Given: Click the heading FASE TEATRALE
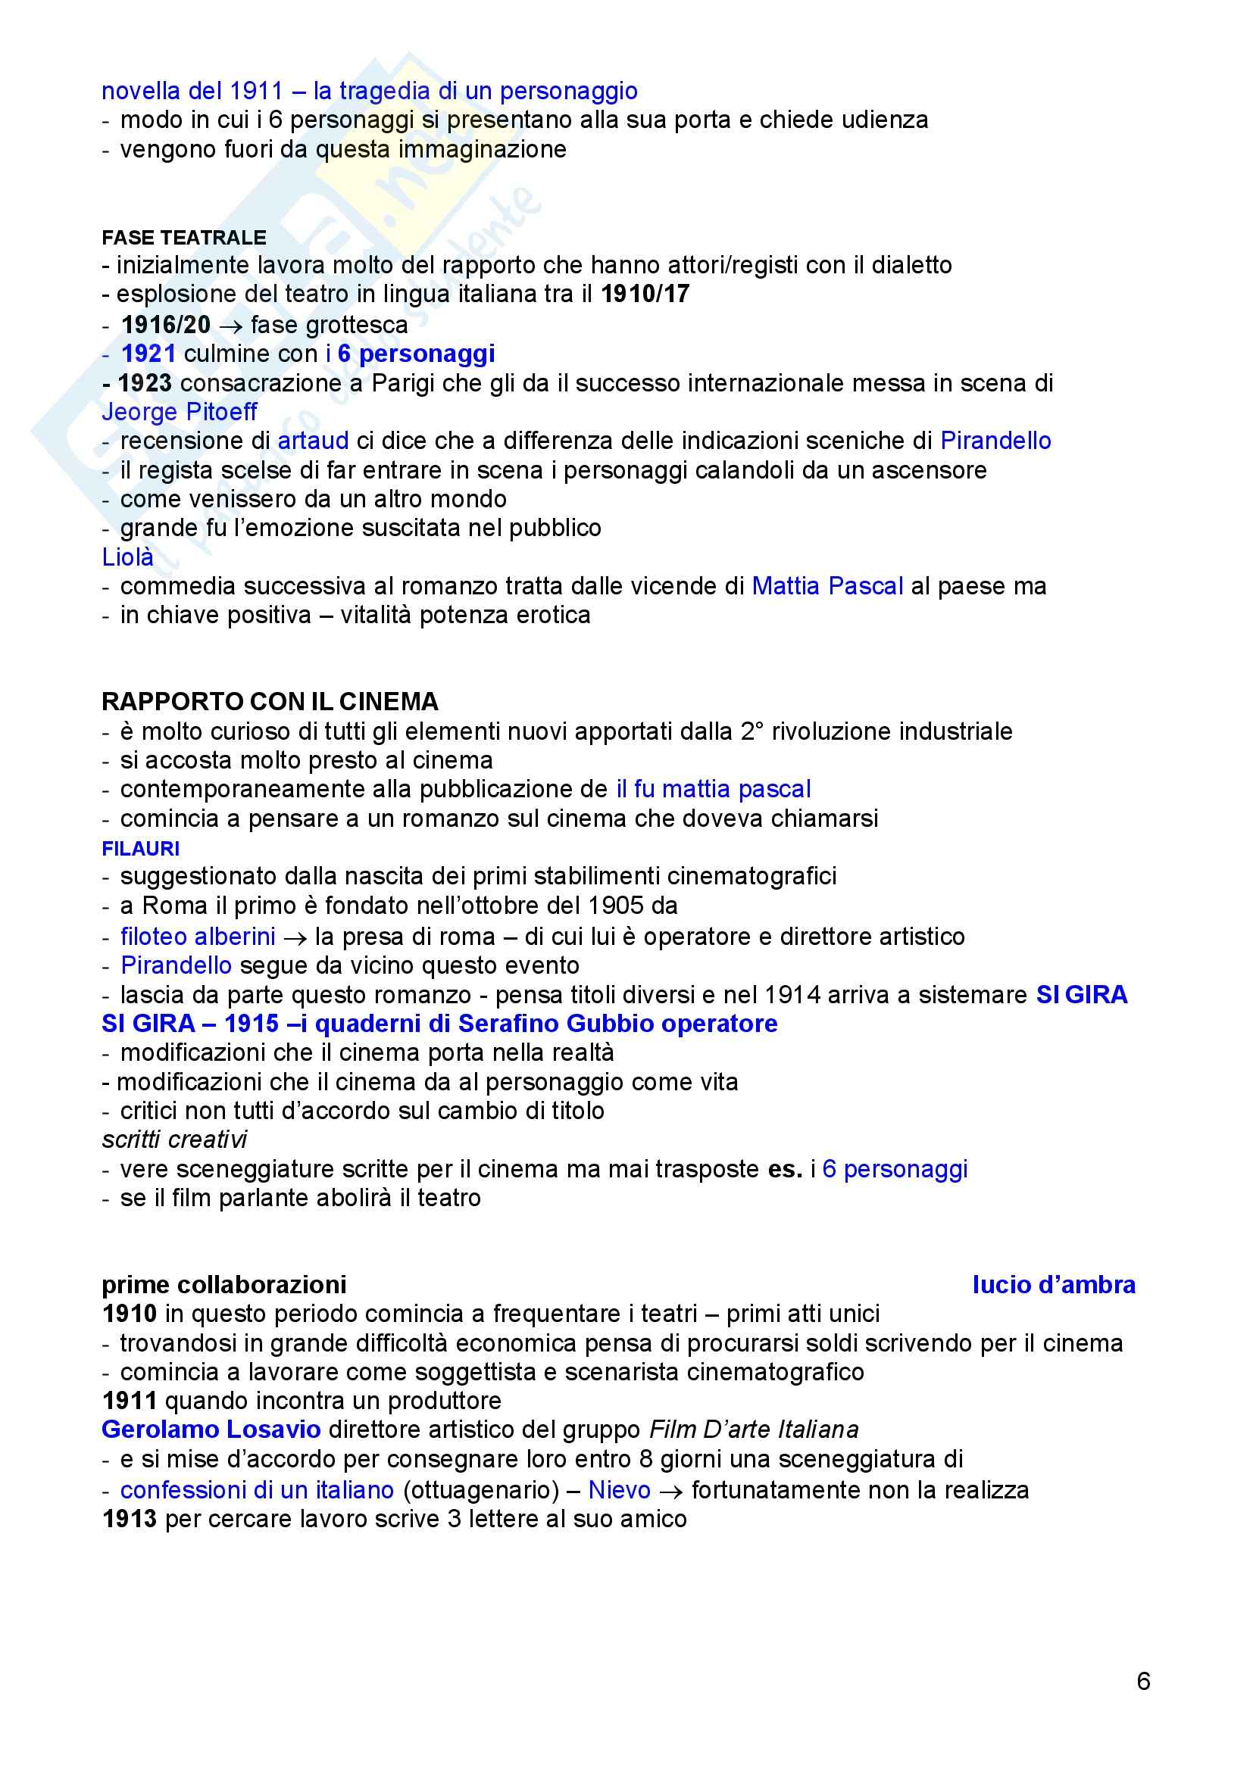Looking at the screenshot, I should pyautogui.click(x=183, y=238).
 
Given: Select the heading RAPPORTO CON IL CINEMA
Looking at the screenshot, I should pyautogui.click(x=270, y=701).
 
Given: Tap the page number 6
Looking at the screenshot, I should pyautogui.click(x=1143, y=1681).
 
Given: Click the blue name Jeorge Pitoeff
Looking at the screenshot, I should pyautogui.click(x=179, y=412).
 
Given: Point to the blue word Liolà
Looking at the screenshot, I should pyautogui.click(x=127, y=557).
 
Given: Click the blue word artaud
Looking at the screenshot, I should pyautogui.click(x=314, y=441).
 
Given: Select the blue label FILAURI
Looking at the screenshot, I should pyautogui.click(x=140, y=849).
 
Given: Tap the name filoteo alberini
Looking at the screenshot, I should pyautogui.click(x=198, y=937).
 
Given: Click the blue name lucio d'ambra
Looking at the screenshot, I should pyautogui.click(x=1053, y=1284).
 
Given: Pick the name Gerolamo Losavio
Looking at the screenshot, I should pyautogui.click(x=211, y=1430).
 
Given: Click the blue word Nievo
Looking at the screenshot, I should pyautogui.click(x=619, y=1489).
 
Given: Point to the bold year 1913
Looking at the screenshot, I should pyautogui.click(x=129, y=1519).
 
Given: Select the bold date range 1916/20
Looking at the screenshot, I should pyautogui.click(x=166, y=325).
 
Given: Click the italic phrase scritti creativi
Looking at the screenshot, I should pyautogui.click(x=174, y=1140).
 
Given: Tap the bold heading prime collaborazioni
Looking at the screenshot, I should pyautogui.click(x=223, y=1284).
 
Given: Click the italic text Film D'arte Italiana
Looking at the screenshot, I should pyautogui.click(x=753, y=1430).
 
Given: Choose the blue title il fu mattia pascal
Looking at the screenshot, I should pyautogui.click(x=713, y=789).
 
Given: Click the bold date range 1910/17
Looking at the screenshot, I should pyautogui.click(x=645, y=294).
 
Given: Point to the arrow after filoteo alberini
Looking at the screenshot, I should pyautogui.click(x=294, y=938).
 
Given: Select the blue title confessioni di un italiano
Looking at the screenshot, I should pyautogui.click(x=257, y=1489).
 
